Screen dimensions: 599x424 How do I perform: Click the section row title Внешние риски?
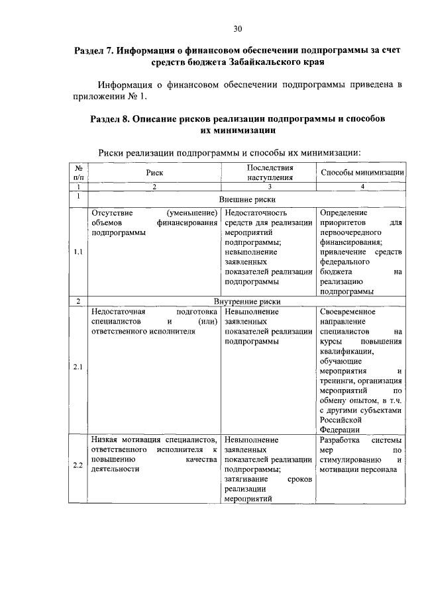[246, 199]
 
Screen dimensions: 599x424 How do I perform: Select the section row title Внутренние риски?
[246, 300]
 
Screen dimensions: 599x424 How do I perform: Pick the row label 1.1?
[78, 252]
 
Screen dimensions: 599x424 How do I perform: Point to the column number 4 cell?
[362, 187]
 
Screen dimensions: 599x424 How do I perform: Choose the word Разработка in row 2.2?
[340, 439]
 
